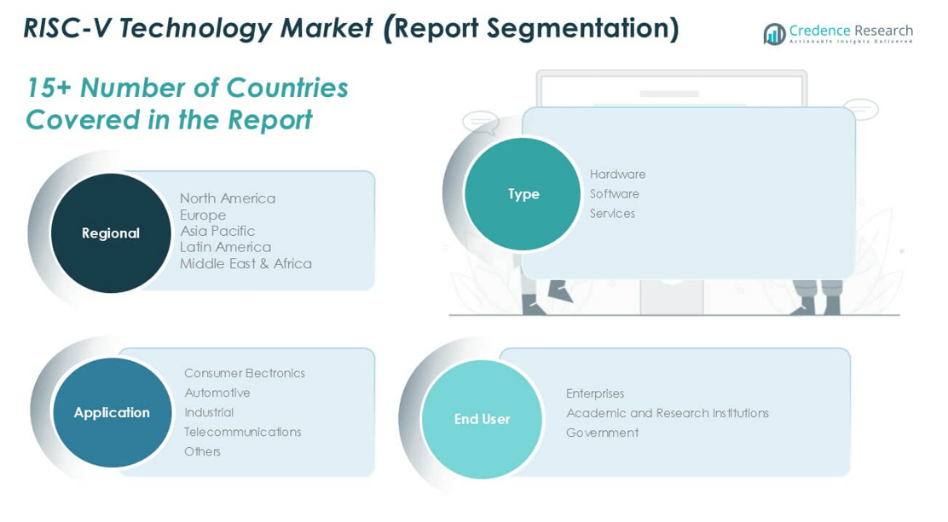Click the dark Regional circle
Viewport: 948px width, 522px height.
(111, 233)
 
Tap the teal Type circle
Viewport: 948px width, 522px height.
(523, 193)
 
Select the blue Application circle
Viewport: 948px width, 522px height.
(113, 413)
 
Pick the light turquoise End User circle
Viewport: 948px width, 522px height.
(482, 419)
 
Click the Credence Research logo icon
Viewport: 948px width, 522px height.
(774, 34)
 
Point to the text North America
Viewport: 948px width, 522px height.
(228, 198)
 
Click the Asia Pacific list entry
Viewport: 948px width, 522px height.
(217, 231)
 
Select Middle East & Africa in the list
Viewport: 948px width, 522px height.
(246, 263)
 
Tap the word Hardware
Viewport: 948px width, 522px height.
(617, 174)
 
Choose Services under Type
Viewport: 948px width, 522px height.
(612, 213)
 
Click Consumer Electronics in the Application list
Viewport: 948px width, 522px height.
(245, 373)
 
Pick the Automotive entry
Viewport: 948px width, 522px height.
(217, 393)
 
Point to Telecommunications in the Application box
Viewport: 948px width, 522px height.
(242, 432)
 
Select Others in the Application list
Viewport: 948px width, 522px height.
(202, 451)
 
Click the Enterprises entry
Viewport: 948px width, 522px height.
(595, 393)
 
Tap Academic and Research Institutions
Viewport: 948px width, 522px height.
(668, 413)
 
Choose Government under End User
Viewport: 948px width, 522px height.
(602, 433)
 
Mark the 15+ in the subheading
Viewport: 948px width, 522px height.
(49, 88)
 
